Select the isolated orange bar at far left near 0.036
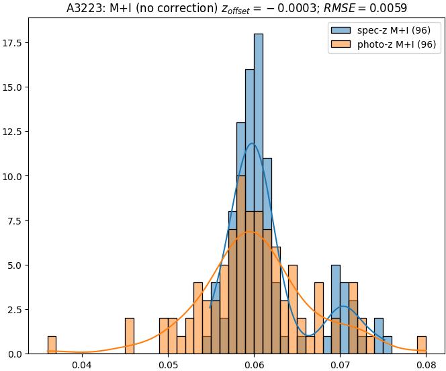pyautogui.click(x=52, y=345)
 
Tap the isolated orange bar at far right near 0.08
pyautogui.click(x=422, y=345)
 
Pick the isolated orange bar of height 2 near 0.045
pyautogui.click(x=130, y=336)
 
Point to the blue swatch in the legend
pyautogui.click(x=341, y=31)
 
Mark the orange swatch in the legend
pyautogui.click(x=341, y=45)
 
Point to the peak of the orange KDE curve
pyautogui.click(x=250, y=232)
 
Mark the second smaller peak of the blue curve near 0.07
pyautogui.click(x=343, y=306)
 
